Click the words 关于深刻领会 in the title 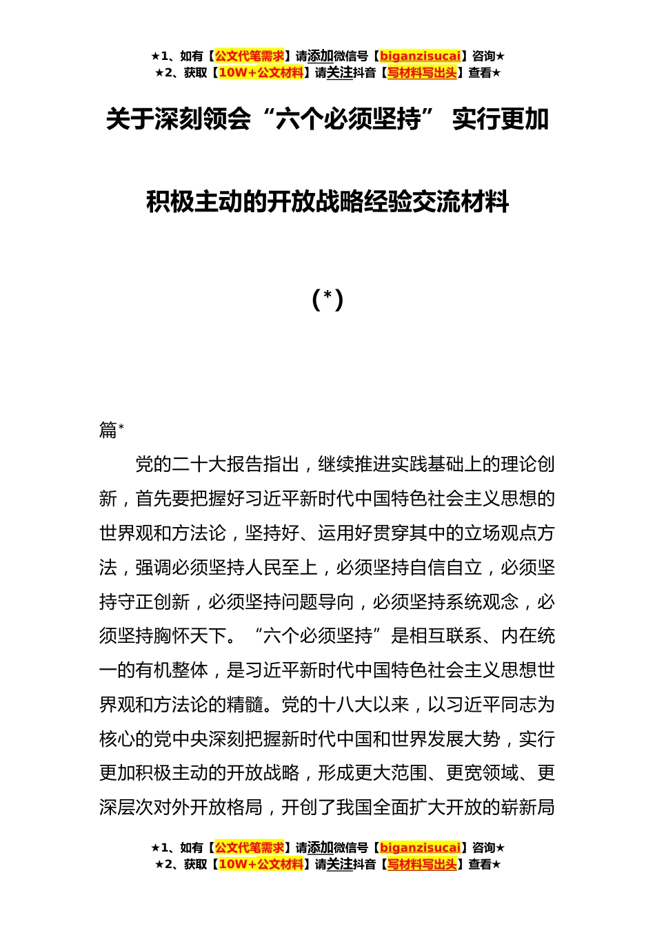[x=178, y=120]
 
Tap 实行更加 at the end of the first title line [x=500, y=120]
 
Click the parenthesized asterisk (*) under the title [x=327, y=300]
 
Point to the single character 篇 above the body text [x=108, y=430]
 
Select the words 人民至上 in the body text [x=281, y=568]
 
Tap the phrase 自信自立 [x=445, y=568]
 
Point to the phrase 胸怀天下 [x=190, y=636]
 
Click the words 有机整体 [x=172, y=670]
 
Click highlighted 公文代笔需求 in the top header [x=250, y=56]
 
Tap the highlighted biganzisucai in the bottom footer [x=420, y=848]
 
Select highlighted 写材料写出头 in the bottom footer [x=422, y=865]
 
